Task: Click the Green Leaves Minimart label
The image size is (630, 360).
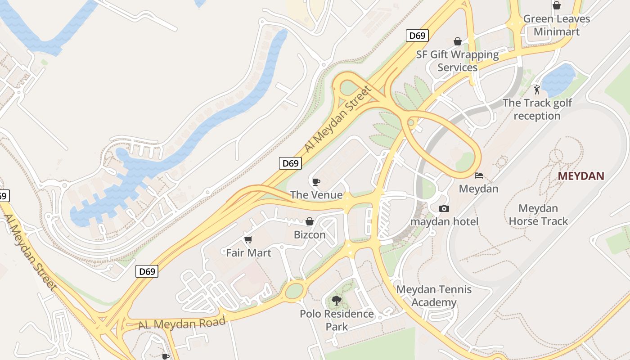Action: pos(557,25)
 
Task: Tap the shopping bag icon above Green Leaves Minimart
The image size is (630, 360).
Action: pos(557,5)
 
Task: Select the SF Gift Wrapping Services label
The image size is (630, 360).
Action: pos(457,61)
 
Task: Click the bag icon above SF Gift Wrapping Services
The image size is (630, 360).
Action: pos(458,41)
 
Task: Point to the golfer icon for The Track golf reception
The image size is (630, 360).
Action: pos(536,90)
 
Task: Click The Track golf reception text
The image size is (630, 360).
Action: pos(537,109)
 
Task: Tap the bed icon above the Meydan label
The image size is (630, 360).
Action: pos(479,175)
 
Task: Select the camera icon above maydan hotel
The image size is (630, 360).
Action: pos(444,208)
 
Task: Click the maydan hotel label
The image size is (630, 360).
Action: pos(444,221)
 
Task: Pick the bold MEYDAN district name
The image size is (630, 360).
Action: pos(581,176)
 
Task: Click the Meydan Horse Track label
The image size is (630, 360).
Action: pos(538,215)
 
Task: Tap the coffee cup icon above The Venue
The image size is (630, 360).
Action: pos(316,182)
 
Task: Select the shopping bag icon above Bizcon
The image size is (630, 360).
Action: pos(310,221)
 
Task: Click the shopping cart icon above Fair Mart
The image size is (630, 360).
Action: pos(248,239)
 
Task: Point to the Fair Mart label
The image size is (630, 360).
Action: pos(248,253)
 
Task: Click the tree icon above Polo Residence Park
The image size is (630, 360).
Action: pos(336,300)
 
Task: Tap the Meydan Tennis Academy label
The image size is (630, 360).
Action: pos(434,296)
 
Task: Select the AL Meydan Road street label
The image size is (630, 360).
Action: pos(182,323)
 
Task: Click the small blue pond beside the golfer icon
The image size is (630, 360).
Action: pos(558,80)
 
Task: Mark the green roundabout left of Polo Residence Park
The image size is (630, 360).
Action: pos(295,291)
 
